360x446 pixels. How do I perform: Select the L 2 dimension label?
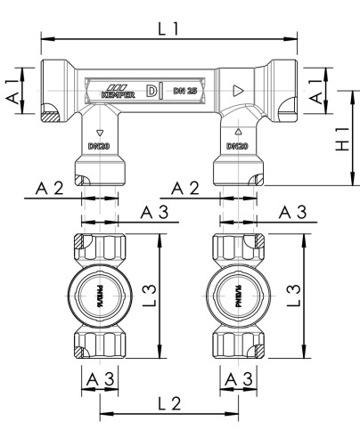coord(170,403)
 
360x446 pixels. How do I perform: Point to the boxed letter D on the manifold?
coord(151,91)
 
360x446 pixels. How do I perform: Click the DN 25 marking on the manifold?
coord(185,91)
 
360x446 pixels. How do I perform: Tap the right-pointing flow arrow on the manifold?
coord(237,91)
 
